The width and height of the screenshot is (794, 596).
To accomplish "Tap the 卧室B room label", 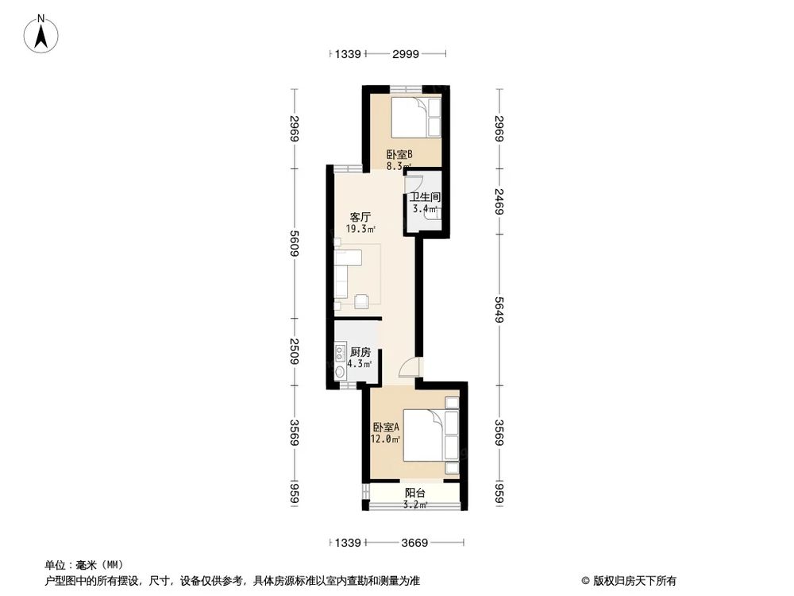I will tap(399, 155).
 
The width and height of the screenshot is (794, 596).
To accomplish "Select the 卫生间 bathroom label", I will tap(425, 197).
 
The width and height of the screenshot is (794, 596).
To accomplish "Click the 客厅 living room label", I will tap(361, 216).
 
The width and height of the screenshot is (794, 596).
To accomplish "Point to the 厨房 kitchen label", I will tap(361, 352).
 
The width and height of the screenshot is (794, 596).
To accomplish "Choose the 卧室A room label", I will tap(385, 426).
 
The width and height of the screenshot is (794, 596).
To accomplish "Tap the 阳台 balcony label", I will tap(414, 493).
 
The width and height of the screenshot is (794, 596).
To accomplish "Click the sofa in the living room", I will tap(346, 274).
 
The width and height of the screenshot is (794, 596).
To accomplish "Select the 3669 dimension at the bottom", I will tap(414, 544).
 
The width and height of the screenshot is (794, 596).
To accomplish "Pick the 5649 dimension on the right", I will tap(499, 308).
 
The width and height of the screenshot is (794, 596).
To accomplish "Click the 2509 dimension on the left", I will tap(294, 350).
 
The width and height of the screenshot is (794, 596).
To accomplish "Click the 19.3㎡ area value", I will tap(360, 229).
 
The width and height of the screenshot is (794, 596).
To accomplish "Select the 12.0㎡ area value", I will tap(385, 438).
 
